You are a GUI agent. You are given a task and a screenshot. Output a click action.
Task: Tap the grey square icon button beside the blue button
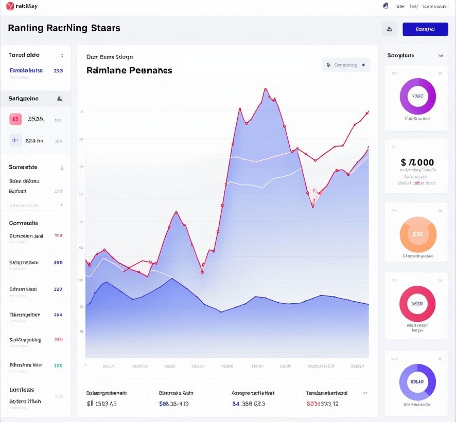coord(389,29)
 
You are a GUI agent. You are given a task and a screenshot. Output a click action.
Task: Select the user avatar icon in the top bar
coord(385,6)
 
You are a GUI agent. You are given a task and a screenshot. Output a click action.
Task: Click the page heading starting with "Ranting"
coord(64,28)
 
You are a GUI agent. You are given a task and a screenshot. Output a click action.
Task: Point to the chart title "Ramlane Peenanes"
coord(129,70)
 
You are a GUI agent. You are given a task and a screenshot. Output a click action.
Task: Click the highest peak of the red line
coord(266,89)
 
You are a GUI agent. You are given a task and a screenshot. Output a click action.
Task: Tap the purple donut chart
coord(417,96)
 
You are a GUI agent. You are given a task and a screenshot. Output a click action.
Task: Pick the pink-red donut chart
coord(417,304)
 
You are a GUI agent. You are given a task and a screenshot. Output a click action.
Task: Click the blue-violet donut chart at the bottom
coord(417,382)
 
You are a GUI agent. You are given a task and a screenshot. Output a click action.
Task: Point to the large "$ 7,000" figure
coord(417,162)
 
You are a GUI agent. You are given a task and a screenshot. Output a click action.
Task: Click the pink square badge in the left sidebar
coord(15,119)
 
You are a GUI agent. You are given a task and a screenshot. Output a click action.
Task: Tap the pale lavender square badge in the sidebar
coord(15,140)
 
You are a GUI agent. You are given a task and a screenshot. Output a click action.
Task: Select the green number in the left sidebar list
coord(58,365)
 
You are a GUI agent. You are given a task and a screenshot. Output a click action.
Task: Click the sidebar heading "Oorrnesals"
coord(24,223)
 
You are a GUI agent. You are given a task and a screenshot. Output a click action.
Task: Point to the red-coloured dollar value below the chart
coord(323,404)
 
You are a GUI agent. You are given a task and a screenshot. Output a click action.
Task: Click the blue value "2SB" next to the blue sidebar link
coord(58,70)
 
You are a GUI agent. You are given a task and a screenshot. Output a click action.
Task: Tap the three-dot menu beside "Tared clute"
coord(62,56)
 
